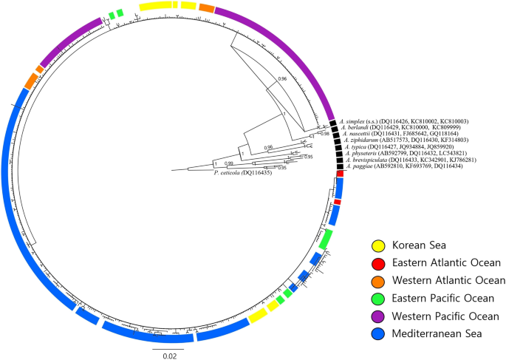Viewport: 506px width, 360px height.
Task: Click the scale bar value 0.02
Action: point(168,354)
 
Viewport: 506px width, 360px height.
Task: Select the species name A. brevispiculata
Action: point(365,160)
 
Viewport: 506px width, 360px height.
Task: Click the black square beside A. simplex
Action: point(333,122)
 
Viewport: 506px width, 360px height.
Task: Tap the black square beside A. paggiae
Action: point(339,167)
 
